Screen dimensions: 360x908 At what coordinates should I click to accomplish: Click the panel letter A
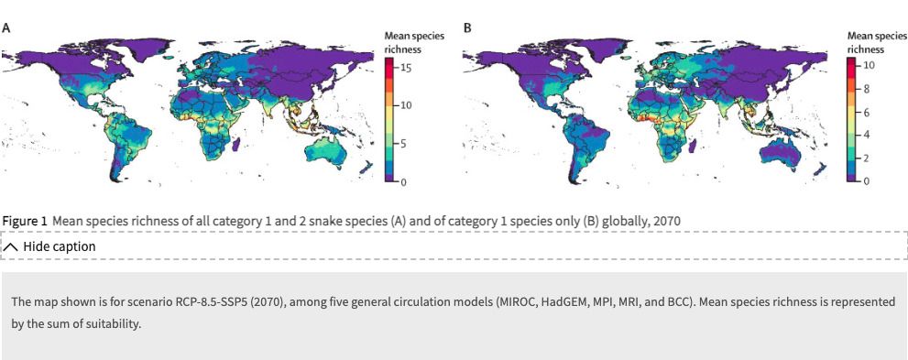[x=6, y=28]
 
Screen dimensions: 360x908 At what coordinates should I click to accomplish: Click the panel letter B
[x=467, y=28]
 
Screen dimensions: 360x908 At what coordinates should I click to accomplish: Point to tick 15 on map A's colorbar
[x=405, y=68]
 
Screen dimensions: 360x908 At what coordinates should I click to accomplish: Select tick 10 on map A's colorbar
[x=405, y=106]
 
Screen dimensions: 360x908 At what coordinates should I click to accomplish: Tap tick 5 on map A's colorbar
[x=402, y=145]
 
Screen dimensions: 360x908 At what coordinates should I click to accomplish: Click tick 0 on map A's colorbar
[x=402, y=183]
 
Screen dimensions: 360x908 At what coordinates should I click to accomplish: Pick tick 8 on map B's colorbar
[x=865, y=89]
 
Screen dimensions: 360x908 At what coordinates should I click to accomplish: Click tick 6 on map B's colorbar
[x=865, y=112]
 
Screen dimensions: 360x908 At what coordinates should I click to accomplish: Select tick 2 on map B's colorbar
[x=865, y=158]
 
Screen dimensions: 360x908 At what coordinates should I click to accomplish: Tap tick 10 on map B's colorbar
[x=868, y=66]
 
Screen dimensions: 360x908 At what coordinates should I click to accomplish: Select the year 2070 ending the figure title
[x=665, y=222]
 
